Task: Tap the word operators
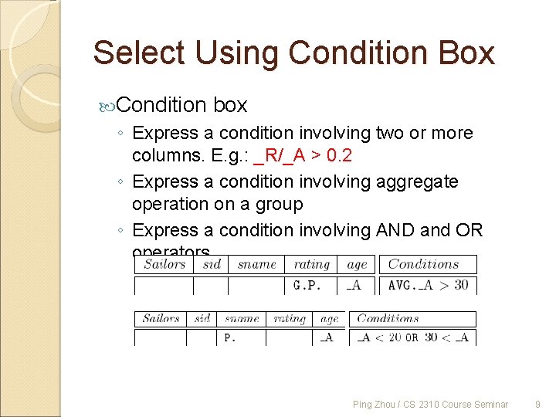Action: (171, 253)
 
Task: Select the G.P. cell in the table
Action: (307, 286)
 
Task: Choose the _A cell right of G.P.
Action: (354, 286)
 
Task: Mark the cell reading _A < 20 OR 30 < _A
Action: (413, 337)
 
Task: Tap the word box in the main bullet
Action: (229, 104)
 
